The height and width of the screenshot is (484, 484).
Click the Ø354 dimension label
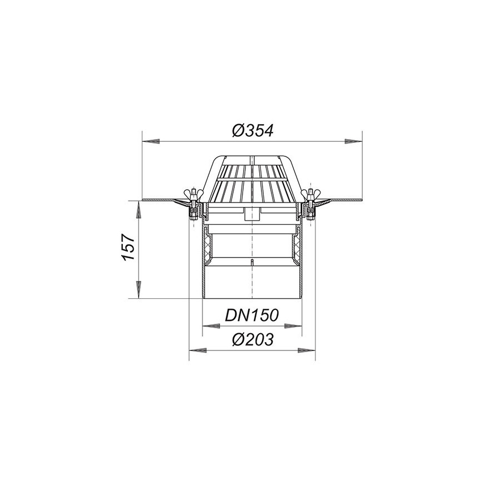point(253,131)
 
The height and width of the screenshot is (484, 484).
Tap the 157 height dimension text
point(129,247)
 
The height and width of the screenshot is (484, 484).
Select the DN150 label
point(252,315)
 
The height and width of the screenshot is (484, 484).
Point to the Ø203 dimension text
point(253,339)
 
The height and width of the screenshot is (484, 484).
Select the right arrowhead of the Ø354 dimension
point(353,141)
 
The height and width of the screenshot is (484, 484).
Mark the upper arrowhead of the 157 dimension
point(139,210)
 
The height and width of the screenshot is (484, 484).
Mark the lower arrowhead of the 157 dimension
point(139,289)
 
